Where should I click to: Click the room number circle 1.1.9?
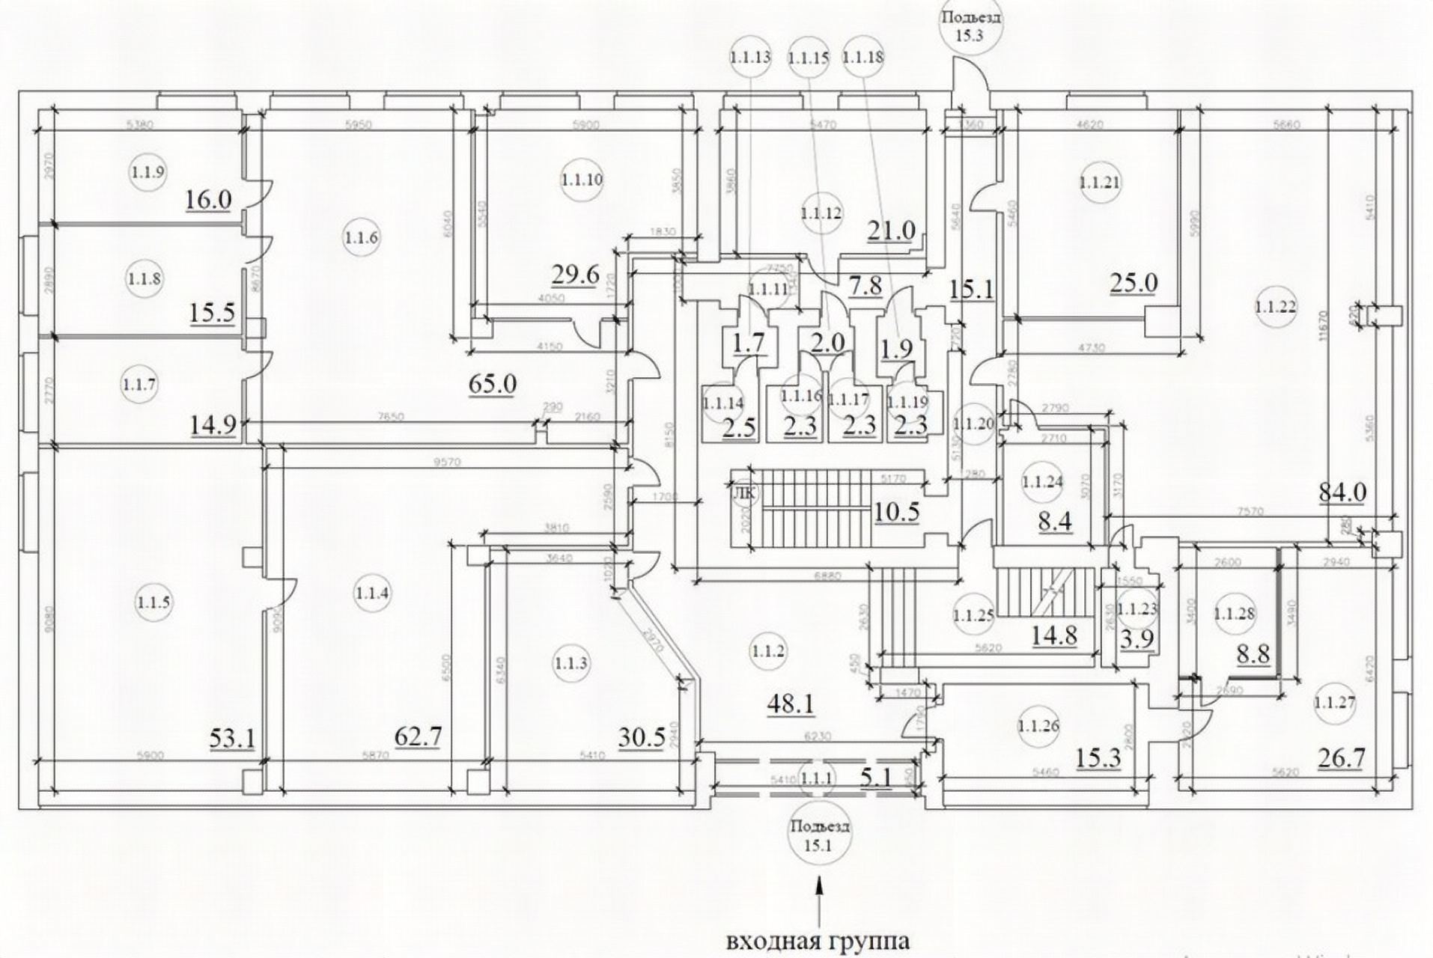(147, 172)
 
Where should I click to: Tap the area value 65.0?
(492, 384)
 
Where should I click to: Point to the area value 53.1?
(234, 739)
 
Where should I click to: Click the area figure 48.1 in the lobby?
(791, 704)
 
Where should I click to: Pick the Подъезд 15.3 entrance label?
(969, 26)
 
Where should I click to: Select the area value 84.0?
(1342, 492)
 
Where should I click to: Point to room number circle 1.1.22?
(1275, 307)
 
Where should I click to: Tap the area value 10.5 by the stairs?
(896, 512)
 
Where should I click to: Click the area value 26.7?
(1340, 758)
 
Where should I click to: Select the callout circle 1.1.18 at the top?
(862, 57)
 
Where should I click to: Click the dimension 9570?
(446, 463)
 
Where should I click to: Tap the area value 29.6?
(575, 275)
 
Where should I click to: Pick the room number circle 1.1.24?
(1042, 482)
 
